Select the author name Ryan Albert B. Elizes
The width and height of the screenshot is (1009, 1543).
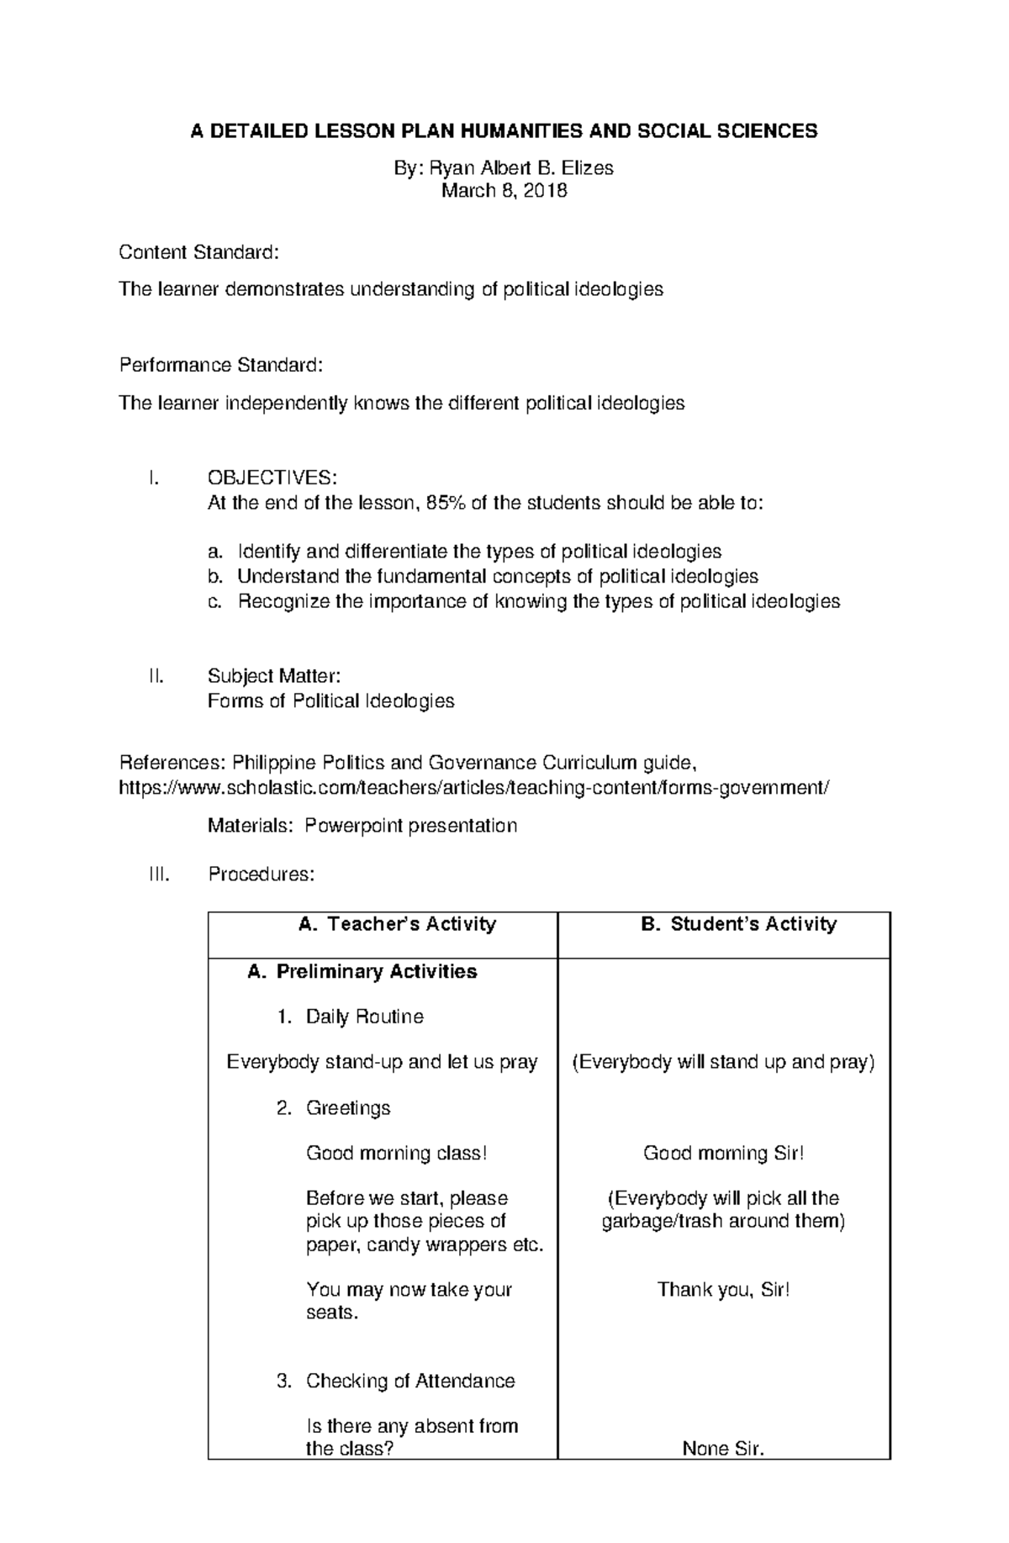tap(521, 168)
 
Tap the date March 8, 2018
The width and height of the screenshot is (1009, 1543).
tap(504, 191)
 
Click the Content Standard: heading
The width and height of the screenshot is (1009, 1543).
tap(198, 252)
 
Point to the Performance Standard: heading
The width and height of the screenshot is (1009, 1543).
tap(220, 365)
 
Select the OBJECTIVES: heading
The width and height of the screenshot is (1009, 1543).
tap(272, 478)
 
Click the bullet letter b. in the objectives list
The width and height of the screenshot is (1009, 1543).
tap(215, 577)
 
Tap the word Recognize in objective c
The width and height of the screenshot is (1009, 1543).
tap(283, 602)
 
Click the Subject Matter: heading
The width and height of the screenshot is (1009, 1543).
tap(274, 676)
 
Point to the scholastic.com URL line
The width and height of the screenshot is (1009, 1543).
tap(474, 788)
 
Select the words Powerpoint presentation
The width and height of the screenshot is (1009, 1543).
tap(410, 826)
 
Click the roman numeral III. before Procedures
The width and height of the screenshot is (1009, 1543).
tap(159, 875)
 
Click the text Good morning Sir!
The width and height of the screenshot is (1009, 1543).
tap(723, 1154)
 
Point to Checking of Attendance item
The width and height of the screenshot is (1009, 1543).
tap(409, 1381)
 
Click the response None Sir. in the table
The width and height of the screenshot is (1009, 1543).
tap(723, 1449)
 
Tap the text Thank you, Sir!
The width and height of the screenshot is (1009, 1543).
tap(723, 1290)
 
